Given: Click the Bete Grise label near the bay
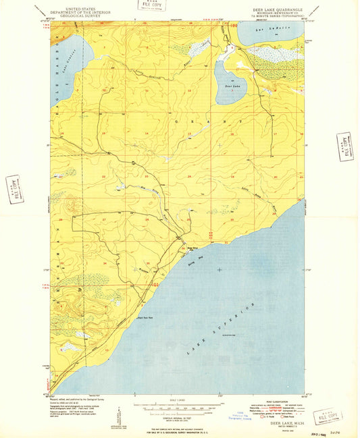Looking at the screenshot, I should click(x=191, y=247).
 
